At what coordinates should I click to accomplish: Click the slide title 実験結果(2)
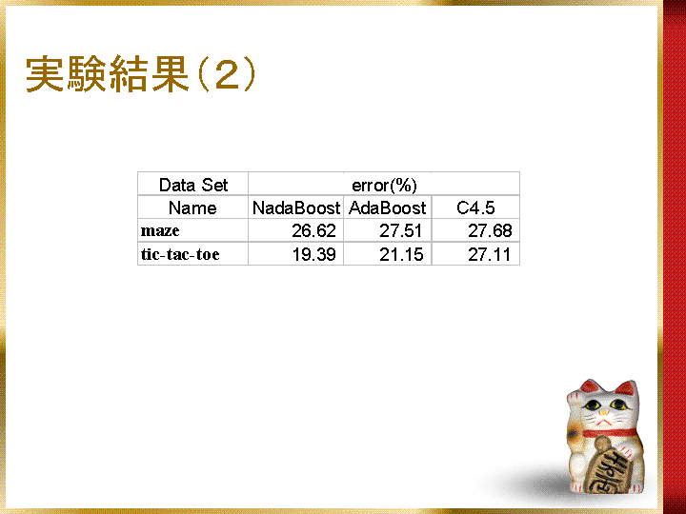pos(140,74)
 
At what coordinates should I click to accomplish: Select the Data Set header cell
pos(192,185)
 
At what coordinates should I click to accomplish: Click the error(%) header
pos(384,186)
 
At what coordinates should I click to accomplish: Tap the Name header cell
pos(192,208)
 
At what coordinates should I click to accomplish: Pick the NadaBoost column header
pos(296,208)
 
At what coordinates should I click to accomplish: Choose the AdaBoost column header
pos(387,208)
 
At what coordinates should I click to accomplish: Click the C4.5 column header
pos(475,208)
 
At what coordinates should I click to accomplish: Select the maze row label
pos(160,230)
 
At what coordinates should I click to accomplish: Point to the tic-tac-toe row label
pos(180,254)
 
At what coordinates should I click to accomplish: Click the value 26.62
pos(313,230)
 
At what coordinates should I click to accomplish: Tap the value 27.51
pos(401,230)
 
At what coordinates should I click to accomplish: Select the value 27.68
pos(490,230)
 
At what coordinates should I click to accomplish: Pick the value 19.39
pos(313,254)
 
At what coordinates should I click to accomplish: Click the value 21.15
pos(401,254)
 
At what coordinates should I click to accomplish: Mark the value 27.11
pos(489,254)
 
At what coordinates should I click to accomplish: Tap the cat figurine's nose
pos(604,412)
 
